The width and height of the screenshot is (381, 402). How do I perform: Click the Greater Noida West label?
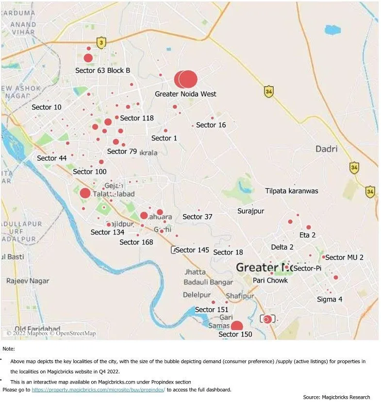(x=185, y=94)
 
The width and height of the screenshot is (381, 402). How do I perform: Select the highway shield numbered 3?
(x=101, y=43)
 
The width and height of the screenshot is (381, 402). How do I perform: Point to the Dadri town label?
(x=326, y=149)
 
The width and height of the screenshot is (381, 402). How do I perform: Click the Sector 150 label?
(x=235, y=334)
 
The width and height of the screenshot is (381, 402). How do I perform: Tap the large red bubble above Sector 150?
(x=237, y=326)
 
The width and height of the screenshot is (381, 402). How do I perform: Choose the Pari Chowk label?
(x=270, y=280)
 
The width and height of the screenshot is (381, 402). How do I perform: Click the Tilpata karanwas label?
(x=292, y=191)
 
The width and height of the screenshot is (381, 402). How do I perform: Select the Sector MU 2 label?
(x=344, y=257)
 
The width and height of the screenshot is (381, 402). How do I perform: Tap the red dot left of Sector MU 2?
(x=323, y=257)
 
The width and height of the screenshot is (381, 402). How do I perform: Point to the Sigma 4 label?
(x=330, y=299)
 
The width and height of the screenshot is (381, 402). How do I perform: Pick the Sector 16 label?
(x=211, y=125)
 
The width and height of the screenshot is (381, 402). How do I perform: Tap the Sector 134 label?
(x=107, y=232)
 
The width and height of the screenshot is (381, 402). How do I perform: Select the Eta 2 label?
(x=308, y=235)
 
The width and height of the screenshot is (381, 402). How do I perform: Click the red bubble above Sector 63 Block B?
(x=88, y=58)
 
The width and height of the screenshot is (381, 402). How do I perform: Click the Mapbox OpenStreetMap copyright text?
(x=51, y=333)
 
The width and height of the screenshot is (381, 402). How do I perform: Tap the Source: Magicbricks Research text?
(x=336, y=397)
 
